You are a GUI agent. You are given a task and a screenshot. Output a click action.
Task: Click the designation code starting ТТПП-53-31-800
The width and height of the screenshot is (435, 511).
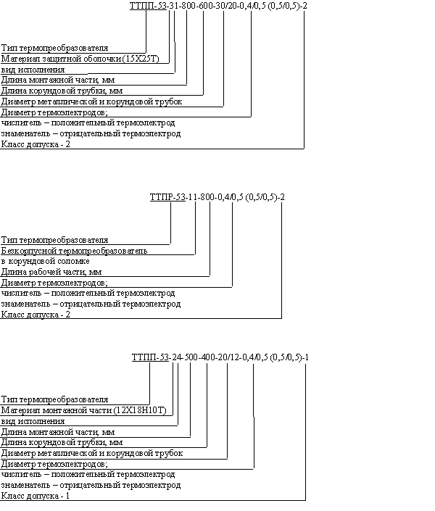click(218, 6)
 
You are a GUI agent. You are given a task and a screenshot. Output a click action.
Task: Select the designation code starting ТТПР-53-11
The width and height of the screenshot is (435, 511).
click(217, 197)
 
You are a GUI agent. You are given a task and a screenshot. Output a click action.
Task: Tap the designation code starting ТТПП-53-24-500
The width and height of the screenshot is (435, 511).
click(220, 357)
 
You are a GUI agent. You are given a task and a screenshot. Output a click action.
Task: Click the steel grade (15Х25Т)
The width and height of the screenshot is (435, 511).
click(141, 59)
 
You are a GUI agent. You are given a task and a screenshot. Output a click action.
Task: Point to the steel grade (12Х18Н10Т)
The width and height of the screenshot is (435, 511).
click(140, 410)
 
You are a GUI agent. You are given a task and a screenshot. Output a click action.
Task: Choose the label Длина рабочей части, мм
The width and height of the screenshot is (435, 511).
click(51, 272)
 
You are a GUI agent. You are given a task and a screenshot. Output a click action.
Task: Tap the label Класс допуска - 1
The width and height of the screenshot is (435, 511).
click(36, 496)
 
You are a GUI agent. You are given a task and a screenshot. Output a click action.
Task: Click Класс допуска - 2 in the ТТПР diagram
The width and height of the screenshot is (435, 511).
click(36, 315)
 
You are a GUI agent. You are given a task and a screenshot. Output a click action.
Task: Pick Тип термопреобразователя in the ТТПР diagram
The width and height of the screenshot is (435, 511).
click(54, 240)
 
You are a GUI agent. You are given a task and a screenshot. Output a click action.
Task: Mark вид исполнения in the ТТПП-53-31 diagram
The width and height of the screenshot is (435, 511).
click(33, 70)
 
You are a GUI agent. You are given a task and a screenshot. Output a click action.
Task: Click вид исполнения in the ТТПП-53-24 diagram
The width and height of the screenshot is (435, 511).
click(33, 421)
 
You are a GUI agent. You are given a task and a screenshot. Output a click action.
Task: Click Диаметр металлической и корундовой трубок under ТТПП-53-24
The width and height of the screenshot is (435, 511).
click(91, 453)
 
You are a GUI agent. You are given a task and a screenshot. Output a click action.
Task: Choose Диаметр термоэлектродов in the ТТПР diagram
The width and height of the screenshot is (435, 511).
click(54, 283)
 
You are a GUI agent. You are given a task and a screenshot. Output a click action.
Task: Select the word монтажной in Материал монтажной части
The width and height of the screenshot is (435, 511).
click(62, 411)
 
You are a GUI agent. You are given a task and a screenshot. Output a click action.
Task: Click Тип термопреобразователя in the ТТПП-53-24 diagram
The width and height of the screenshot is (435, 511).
click(54, 399)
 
